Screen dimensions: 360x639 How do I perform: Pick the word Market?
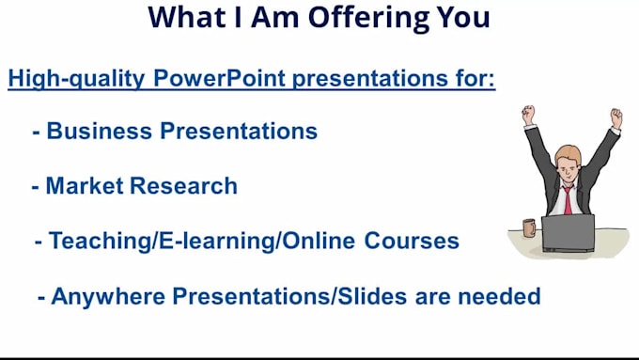point(86,186)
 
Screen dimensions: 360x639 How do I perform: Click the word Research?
point(183,186)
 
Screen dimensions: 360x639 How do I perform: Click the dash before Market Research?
point(36,186)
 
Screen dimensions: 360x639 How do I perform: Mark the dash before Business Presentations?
point(36,132)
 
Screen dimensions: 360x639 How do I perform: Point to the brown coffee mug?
point(528,228)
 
